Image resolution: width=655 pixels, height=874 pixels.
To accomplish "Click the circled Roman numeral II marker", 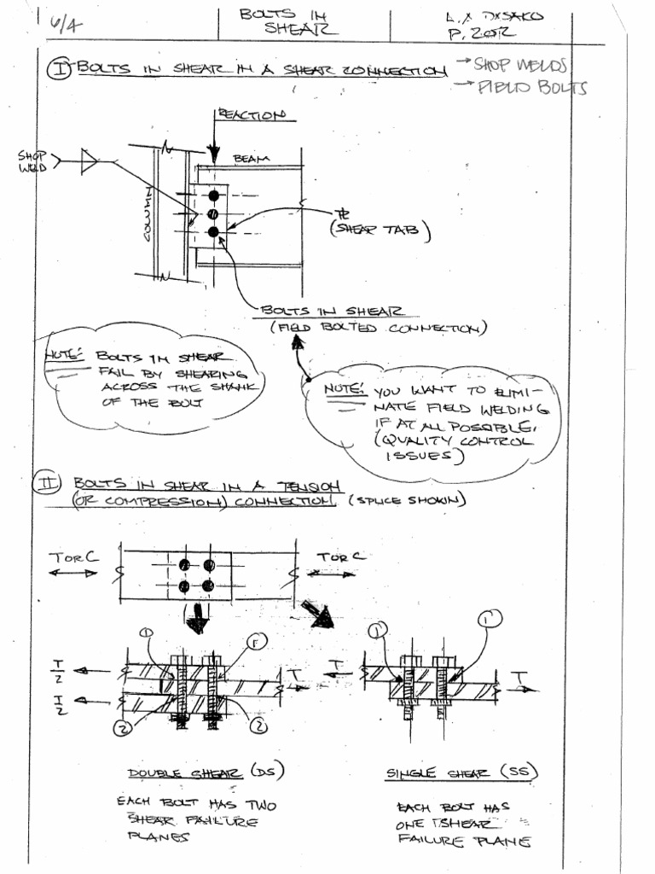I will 45,484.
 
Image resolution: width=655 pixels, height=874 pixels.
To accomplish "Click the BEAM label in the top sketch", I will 249,159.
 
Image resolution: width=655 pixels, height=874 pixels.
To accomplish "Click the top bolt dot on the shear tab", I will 213,195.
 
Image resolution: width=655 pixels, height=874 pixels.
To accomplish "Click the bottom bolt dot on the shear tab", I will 213,231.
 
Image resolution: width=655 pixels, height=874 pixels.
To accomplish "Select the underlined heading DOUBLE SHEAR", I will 184,773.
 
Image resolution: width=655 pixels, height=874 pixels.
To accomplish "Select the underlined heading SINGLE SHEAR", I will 438,773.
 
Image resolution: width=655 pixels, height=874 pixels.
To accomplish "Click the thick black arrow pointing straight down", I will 197,618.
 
